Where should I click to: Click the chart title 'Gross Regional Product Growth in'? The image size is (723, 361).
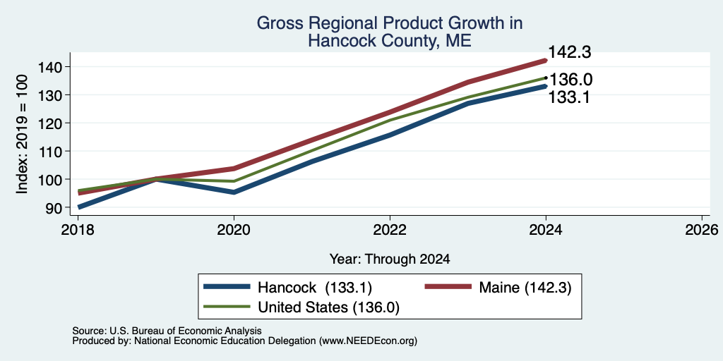coord(390,23)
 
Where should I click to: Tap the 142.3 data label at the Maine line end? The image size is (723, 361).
coord(570,52)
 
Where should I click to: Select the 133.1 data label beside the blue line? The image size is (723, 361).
coord(568,97)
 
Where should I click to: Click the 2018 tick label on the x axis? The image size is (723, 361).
coord(78,230)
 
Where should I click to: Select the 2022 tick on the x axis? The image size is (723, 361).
coord(390,230)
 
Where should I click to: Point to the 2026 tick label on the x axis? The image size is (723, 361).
coord(702,230)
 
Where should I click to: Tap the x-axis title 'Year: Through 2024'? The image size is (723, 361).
coord(390,259)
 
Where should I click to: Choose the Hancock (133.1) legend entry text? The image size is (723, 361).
coord(315,288)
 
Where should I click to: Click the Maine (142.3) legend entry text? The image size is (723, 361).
coord(525,288)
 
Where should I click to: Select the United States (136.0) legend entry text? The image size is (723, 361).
coord(328,307)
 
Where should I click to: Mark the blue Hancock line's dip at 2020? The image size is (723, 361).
coord(234,192)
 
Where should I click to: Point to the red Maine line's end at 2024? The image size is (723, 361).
coord(546,61)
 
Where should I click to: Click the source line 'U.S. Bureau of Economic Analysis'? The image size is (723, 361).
coord(186,331)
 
